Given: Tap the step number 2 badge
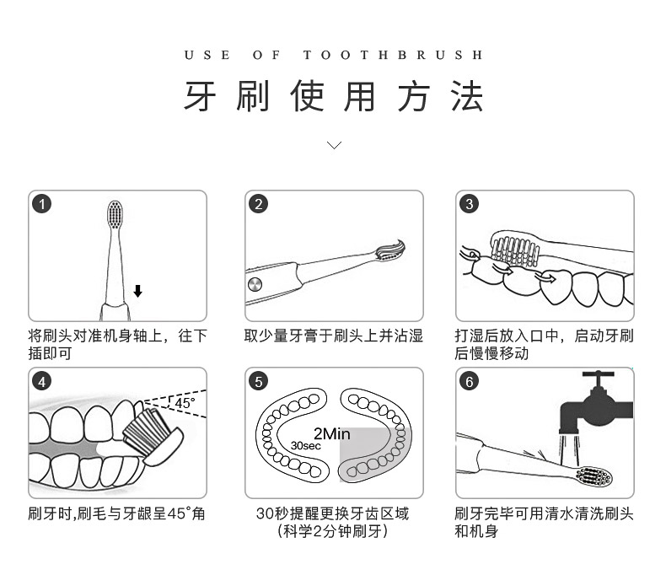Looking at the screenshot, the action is tap(259, 203).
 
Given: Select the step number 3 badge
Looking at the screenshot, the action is tap(470, 203).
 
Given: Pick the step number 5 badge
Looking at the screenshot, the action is tap(259, 381).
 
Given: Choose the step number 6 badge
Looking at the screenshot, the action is tap(470, 381).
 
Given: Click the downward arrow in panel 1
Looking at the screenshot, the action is tap(137, 291).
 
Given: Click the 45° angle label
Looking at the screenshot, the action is tap(184, 403).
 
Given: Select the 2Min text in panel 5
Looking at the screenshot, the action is tap(330, 434).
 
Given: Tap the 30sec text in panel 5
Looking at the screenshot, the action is tap(306, 445).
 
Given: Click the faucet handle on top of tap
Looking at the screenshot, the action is tap(598, 376).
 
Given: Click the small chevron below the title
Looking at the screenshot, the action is tap(334, 145).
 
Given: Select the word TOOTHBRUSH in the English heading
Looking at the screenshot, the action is tap(394, 56).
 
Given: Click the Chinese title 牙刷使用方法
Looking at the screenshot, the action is tap(334, 97).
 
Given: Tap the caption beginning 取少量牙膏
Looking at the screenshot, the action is tap(334, 336).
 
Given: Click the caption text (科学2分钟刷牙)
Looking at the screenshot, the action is tap(333, 531).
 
